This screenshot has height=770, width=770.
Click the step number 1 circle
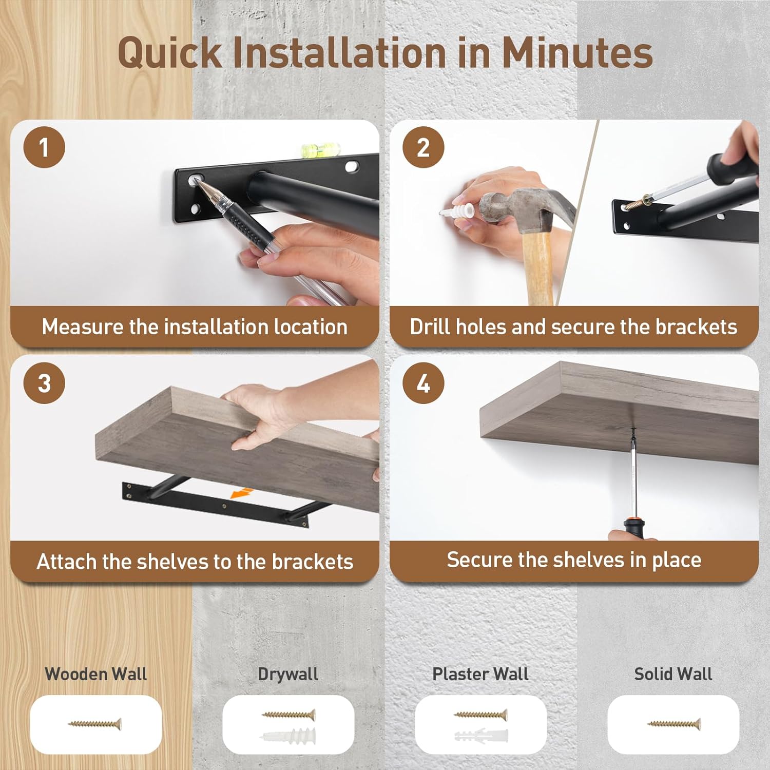44,148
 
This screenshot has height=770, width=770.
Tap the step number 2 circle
423,148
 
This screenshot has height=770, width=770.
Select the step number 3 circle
44,383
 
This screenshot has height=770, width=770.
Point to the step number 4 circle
423,383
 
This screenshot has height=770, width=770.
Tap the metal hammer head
524,208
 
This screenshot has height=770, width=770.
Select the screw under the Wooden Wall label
95,724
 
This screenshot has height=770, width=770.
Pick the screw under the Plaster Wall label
480,715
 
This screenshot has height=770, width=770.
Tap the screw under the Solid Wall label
673,724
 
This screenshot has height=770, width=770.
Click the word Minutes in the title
577,52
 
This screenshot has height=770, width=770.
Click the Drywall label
288,674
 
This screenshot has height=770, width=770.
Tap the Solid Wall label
673,674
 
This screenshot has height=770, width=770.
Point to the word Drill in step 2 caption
430,326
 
